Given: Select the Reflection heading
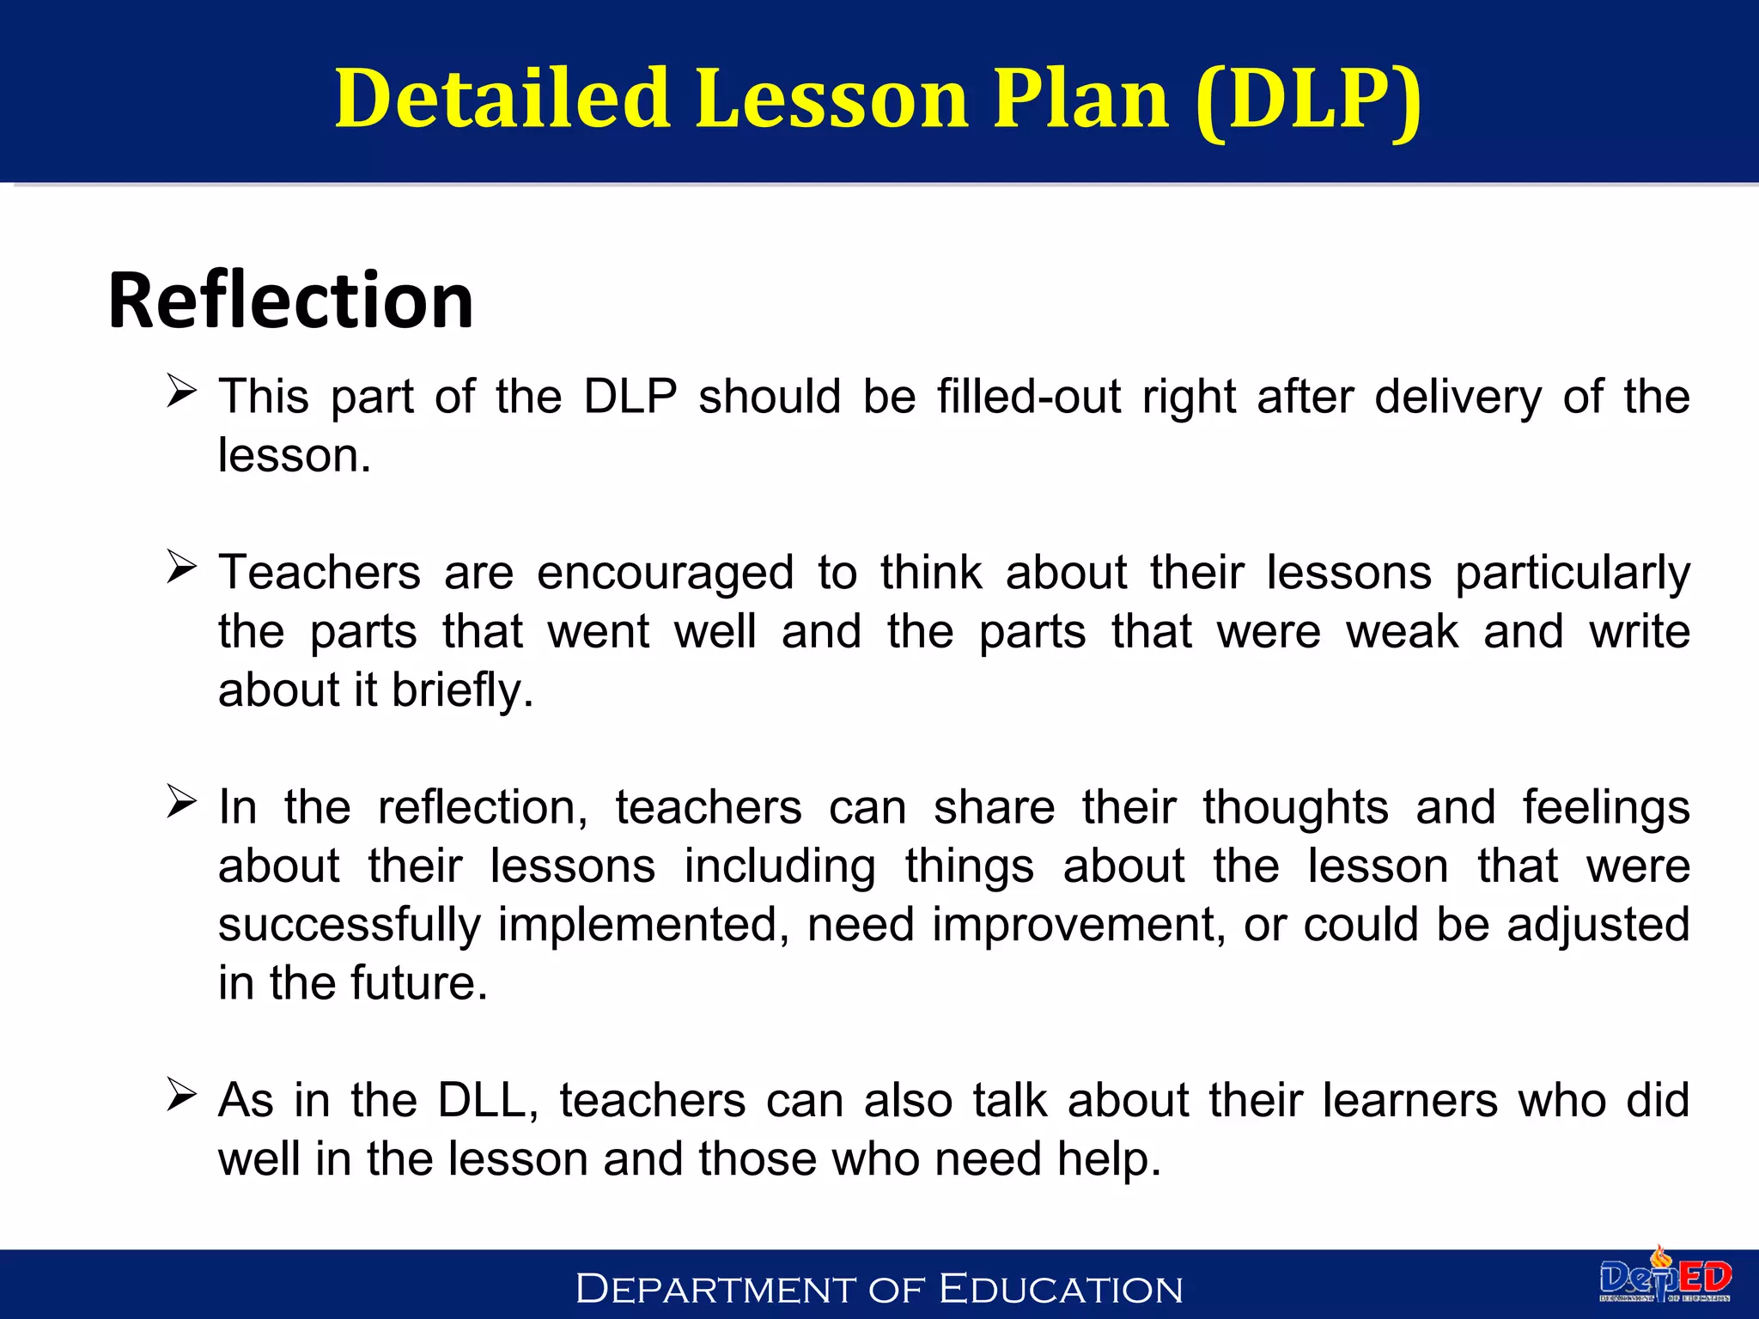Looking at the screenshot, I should tap(290, 300).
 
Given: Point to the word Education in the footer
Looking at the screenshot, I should tap(1061, 1289).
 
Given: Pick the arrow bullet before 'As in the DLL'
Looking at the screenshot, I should tap(181, 1095).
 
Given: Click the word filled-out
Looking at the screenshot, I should tap(1028, 397).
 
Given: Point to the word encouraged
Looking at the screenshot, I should tap(665, 574).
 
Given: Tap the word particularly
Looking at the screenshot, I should tap(1572, 574).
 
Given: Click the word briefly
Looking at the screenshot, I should tap(462, 690).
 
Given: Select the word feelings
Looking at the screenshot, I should tap(1605, 808).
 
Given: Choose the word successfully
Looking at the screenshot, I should tap(349, 926).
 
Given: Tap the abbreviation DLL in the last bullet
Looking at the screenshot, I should tap(487, 1101).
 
